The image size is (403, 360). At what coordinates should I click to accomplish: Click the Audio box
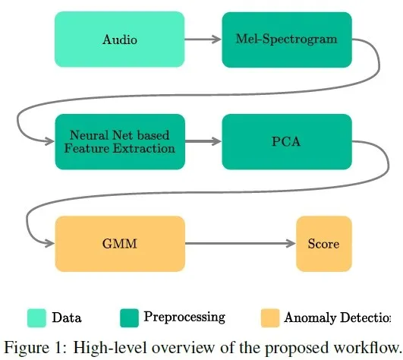click(x=119, y=39)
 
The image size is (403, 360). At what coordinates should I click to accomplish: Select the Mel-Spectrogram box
click(x=287, y=39)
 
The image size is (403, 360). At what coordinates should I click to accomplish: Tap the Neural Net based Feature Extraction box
click(x=120, y=142)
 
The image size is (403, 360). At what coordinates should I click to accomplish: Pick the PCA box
click(x=287, y=142)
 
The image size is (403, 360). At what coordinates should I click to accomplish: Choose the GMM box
click(x=120, y=244)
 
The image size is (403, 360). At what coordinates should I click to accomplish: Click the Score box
click(x=324, y=244)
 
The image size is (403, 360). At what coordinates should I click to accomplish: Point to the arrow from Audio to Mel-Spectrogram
click(x=203, y=39)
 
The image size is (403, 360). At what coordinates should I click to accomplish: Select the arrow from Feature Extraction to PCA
click(x=203, y=141)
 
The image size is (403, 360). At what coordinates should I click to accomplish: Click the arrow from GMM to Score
click(x=241, y=243)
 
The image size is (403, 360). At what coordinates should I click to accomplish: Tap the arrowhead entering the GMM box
click(x=49, y=243)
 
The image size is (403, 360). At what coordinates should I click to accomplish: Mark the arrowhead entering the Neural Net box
click(x=49, y=141)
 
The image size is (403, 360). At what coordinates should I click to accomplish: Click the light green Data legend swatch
click(x=36, y=317)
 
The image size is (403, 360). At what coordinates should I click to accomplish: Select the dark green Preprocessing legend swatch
click(x=129, y=317)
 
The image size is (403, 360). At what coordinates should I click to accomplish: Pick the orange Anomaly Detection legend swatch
click(x=270, y=317)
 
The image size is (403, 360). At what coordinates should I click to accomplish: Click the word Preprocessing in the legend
click(x=184, y=317)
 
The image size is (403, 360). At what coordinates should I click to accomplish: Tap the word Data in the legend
click(x=67, y=317)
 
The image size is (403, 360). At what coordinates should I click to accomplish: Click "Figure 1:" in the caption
click(x=36, y=348)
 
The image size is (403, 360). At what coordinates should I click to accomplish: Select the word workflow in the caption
click(x=366, y=347)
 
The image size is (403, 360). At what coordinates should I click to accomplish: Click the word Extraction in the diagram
click(x=144, y=148)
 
